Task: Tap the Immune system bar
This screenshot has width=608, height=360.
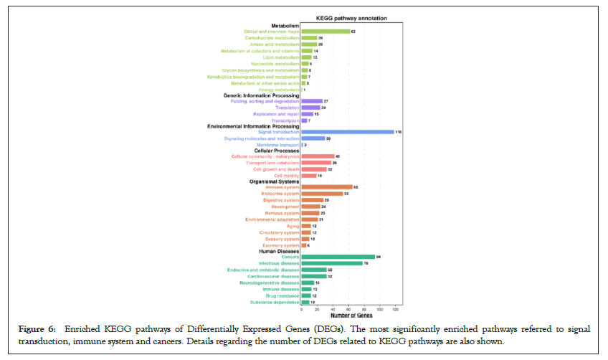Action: [327, 187]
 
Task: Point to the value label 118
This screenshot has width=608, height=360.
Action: [399, 132]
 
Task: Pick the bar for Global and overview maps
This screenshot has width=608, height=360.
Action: [326, 32]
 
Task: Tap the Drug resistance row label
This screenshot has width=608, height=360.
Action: [280, 295]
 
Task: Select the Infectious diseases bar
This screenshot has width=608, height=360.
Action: [332, 263]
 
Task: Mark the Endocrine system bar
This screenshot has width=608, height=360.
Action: [323, 194]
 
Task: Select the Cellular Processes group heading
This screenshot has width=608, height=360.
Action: [274, 151]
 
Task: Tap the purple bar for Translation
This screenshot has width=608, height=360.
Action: [310, 108]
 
